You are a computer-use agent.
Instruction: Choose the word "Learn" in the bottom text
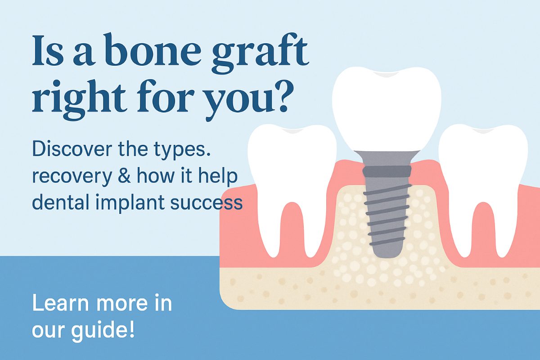pyautogui.click(x=58, y=304)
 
